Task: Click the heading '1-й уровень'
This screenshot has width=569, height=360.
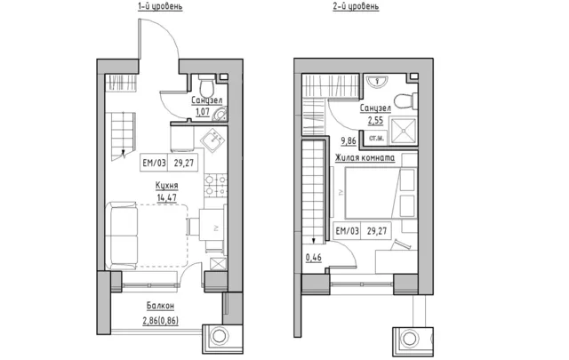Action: [160, 6]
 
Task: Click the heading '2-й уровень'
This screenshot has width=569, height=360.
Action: [356, 6]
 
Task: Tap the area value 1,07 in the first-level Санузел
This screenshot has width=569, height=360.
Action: [203, 111]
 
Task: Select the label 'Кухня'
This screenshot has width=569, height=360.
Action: [166, 186]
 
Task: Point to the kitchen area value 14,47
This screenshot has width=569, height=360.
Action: [167, 197]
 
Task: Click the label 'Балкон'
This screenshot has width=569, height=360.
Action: [160, 306]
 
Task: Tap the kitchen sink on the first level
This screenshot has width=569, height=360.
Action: [213, 140]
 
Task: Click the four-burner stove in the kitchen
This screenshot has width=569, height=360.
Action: [215, 186]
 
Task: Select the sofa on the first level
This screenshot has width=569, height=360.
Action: [121, 236]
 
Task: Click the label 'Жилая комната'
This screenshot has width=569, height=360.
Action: [365, 158]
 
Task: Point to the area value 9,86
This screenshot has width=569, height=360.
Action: [349, 140]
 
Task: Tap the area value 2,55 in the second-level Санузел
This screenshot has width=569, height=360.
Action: [375, 120]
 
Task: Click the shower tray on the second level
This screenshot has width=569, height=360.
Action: [403, 131]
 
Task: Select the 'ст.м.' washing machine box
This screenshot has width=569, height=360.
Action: [376, 138]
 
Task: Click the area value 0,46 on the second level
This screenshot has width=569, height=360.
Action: [314, 257]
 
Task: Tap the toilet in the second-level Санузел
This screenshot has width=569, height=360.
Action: [405, 100]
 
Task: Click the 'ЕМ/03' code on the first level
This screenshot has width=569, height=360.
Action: [154, 163]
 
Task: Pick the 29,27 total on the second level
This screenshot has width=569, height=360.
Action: [377, 231]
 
